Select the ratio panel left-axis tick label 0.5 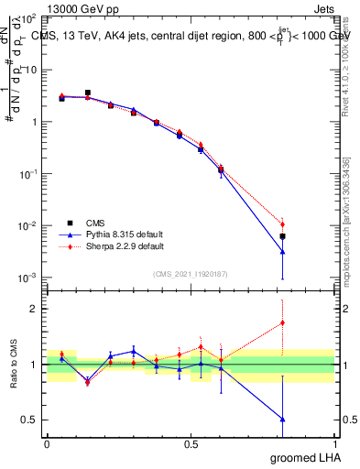[x=31, y=420]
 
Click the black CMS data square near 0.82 [x=283, y=236]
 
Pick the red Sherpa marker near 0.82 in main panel [x=283, y=224]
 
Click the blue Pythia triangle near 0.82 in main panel [x=283, y=252]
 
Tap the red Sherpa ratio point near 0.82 [x=283, y=322]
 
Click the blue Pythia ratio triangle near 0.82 [x=283, y=419]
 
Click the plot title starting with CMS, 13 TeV [x=189, y=36]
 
